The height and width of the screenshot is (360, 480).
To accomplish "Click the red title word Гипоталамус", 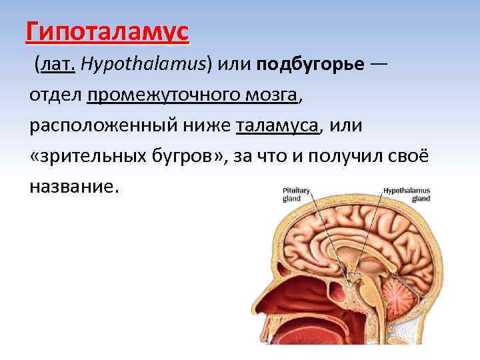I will [x=107, y=31].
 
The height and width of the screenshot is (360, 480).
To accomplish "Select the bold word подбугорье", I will [x=311, y=64].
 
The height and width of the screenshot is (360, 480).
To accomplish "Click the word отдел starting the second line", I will [x=55, y=95].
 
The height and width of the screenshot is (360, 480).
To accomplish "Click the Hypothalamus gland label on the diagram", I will [x=407, y=193].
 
